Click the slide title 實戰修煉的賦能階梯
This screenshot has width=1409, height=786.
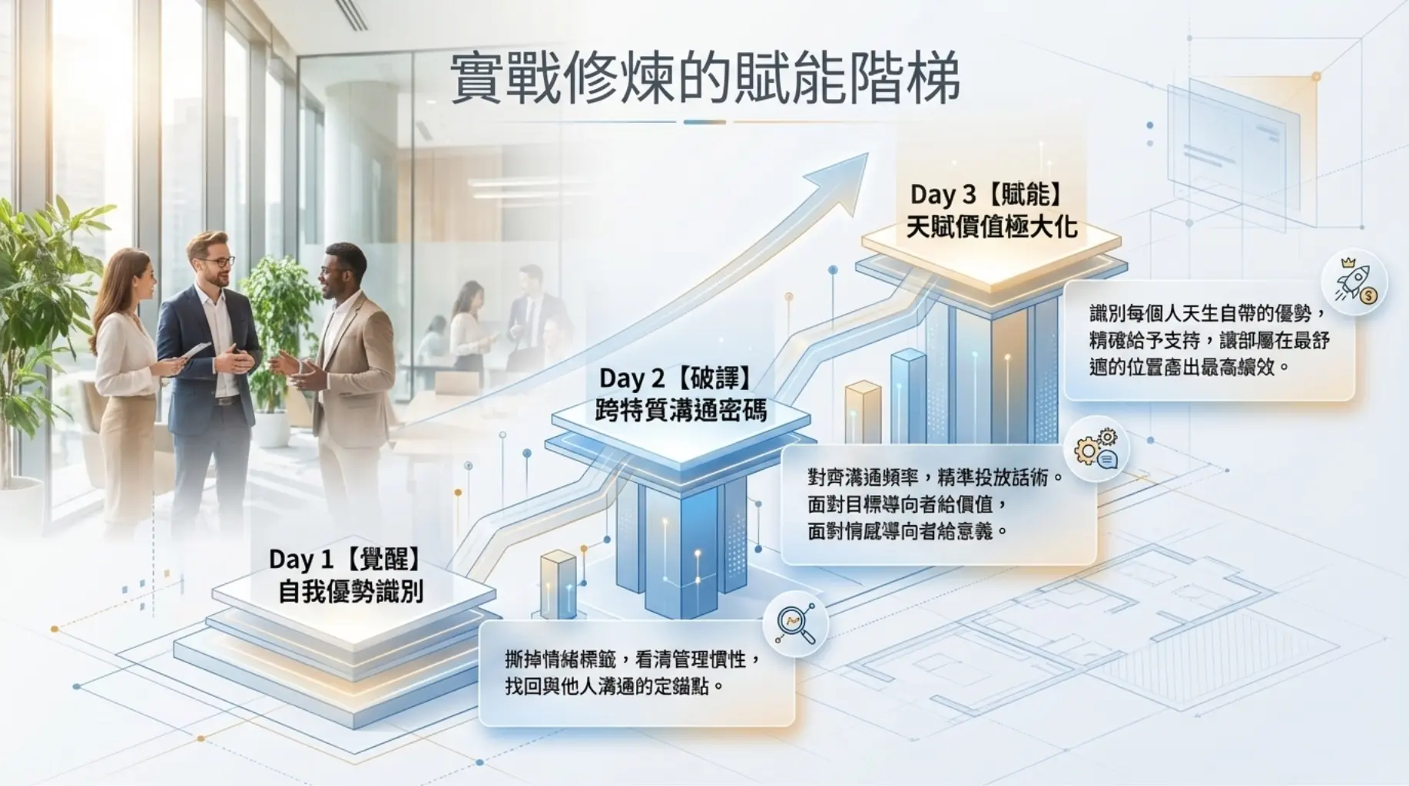pyautogui.click(x=704, y=78)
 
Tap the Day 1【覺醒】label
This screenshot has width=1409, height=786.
pyautogui.click(x=346, y=559)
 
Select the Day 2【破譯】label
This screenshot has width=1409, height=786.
pyautogui.click(x=675, y=378)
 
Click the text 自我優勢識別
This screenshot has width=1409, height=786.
pyautogui.click(x=350, y=591)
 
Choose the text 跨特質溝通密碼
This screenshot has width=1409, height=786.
pyautogui.click(x=681, y=410)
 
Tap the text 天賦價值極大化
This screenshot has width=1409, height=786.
pyautogui.click(x=992, y=226)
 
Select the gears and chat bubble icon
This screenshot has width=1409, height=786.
pyautogui.click(x=1096, y=449)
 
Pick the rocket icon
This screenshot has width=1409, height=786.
pyautogui.click(x=1354, y=282)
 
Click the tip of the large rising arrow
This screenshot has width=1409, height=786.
pyautogui.click(x=868, y=153)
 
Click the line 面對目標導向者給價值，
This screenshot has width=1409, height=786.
pyautogui.click(x=907, y=504)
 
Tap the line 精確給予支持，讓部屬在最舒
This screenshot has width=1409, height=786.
pyautogui.click(x=1209, y=340)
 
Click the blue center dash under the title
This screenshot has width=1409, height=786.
pyautogui.click(x=704, y=121)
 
